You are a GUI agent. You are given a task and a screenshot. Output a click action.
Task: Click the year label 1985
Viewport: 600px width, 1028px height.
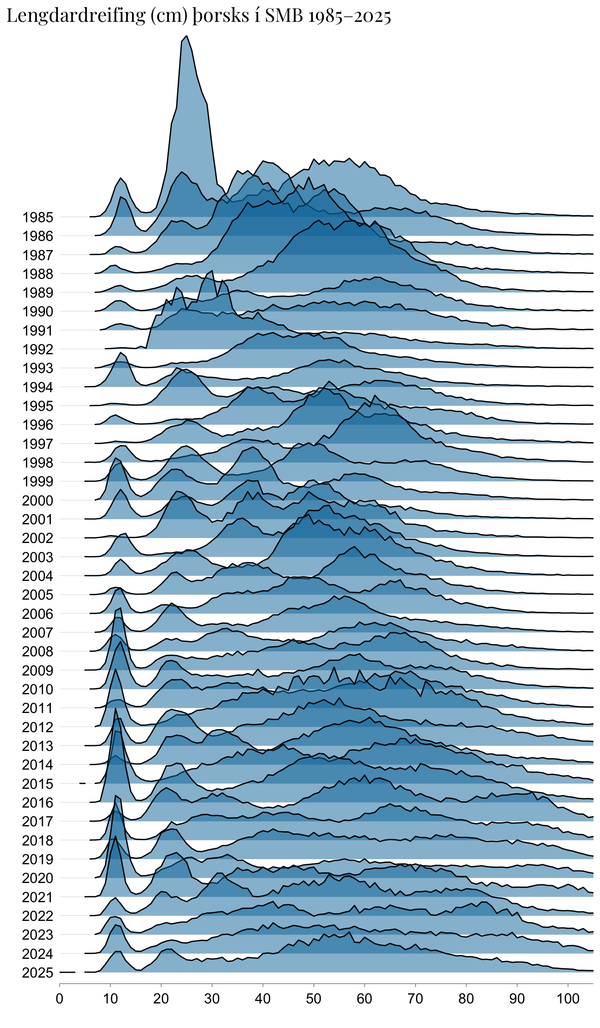coord(38,217)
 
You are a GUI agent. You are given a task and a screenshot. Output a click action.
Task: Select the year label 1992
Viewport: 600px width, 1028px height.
coord(38,349)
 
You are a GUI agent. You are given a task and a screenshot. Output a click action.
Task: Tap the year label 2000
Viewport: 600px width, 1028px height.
coord(38,501)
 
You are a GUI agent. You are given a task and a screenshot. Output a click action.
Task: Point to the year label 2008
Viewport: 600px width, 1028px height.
coord(38,651)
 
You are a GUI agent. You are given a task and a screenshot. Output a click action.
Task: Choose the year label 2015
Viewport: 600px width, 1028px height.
coord(38,784)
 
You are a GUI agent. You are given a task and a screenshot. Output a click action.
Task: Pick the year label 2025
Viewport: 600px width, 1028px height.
coord(38,973)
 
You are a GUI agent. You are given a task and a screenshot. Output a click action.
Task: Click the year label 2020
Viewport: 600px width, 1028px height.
coord(38,878)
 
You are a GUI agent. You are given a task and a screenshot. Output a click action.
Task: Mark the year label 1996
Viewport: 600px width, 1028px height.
coord(38,425)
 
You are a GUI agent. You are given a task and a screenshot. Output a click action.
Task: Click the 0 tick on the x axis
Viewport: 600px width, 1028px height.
coord(59,999)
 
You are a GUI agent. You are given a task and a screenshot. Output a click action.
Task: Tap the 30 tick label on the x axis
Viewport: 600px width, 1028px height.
coord(212,999)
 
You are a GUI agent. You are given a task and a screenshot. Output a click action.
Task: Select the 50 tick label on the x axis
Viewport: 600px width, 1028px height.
coord(314,999)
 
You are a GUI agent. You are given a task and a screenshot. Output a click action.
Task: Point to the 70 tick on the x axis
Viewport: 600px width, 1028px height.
coord(416,999)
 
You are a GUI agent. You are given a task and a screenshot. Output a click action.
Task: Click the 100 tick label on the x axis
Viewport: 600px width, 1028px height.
coord(568,999)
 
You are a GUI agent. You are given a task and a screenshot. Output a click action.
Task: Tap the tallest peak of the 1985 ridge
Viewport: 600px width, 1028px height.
coord(187,36)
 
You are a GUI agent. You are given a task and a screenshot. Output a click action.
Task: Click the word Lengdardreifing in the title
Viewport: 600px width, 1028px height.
coord(76,16)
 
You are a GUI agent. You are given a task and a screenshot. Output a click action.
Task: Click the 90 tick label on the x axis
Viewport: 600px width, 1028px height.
coord(517,999)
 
